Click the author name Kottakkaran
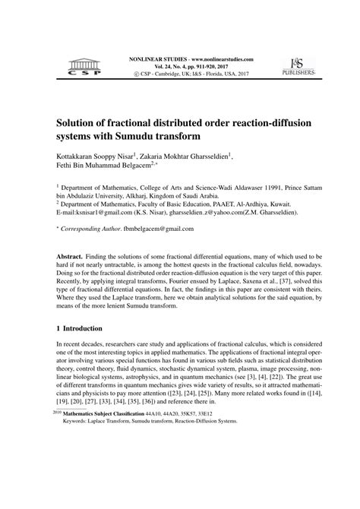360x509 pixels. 82,155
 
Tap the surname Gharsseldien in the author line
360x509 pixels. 210,155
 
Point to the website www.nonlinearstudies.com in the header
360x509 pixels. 207,58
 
